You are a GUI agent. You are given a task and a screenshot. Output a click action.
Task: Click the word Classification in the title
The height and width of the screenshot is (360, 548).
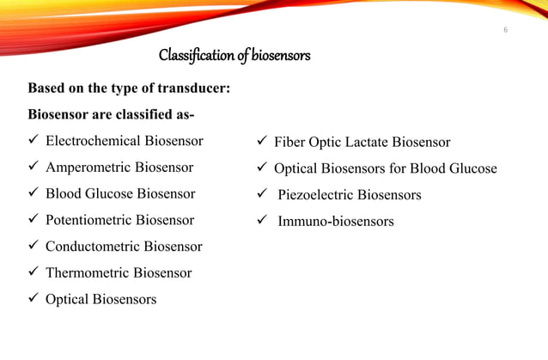(196, 57)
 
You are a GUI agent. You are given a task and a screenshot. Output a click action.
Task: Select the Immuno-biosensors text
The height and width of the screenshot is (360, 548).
(336, 222)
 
